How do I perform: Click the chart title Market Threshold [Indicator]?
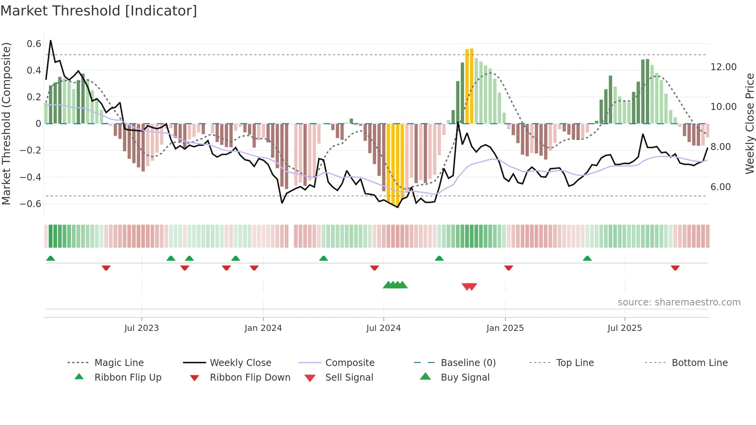coord(99,11)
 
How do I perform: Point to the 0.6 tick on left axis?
coord(34,44)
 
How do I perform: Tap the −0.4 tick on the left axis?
coord(30,177)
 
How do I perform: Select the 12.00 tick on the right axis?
coord(724,67)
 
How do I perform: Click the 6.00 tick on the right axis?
coord(721,187)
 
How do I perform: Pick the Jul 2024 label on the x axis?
coord(383,328)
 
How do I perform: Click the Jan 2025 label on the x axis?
coord(505,328)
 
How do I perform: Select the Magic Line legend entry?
coord(119,363)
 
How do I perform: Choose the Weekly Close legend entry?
coord(240,363)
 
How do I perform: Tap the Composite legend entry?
coord(349,363)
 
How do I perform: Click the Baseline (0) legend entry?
coord(468,363)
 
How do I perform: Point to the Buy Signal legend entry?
coord(465,378)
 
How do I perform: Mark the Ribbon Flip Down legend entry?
coord(250,378)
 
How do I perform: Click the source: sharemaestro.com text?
coord(679,302)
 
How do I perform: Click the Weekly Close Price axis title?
coord(749,123)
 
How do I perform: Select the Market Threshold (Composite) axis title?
coord(6,123)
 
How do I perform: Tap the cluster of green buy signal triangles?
coord(395,285)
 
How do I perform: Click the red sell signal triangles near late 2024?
coord(469,287)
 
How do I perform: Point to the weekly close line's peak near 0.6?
coord(51,40)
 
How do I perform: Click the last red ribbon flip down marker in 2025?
coord(675,268)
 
